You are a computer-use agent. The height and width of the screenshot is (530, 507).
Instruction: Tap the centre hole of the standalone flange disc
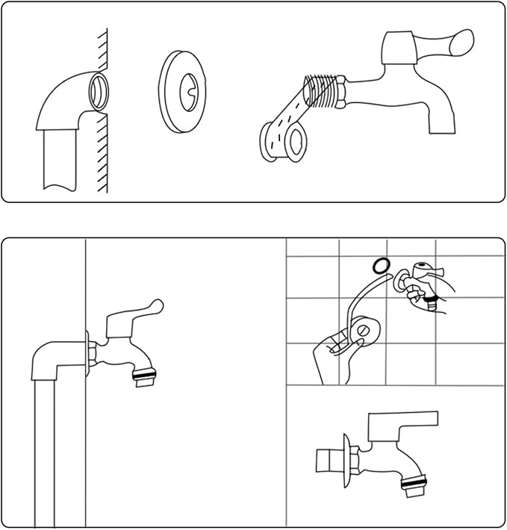(187, 95)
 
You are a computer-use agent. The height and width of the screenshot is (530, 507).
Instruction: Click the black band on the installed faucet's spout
(144, 372)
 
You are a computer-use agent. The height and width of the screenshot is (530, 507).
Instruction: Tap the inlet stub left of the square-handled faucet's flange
(328, 459)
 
